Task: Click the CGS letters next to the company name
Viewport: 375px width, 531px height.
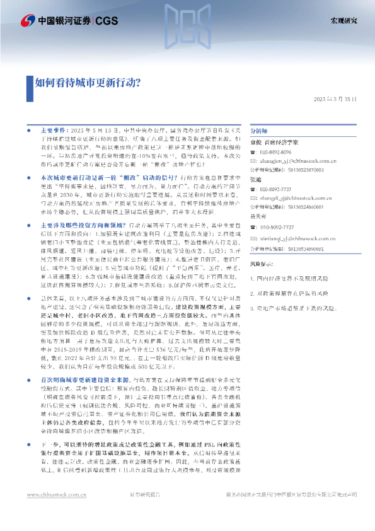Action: pos(105,21)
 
